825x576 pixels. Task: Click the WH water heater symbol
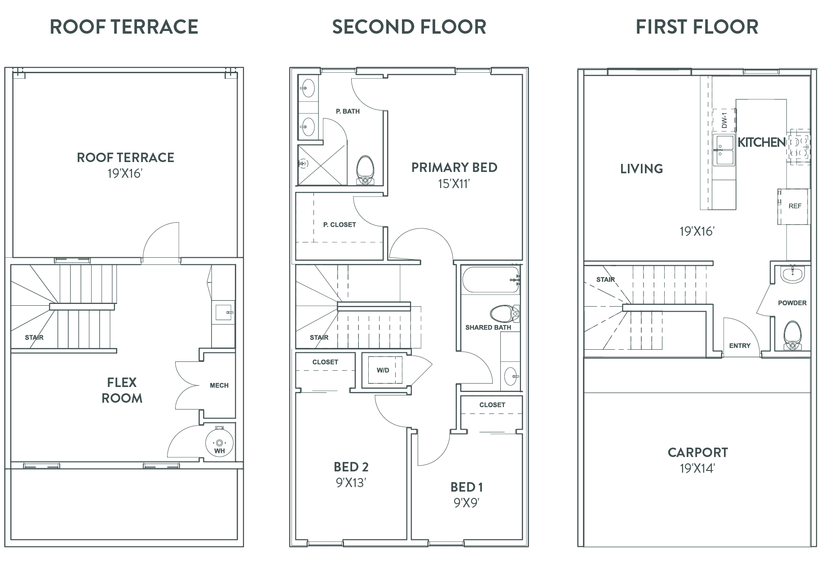click(219, 443)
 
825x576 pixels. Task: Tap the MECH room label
click(219, 385)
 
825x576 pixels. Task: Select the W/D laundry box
click(383, 370)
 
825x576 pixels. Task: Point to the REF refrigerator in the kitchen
click(794, 206)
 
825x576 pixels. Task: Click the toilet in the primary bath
click(365, 170)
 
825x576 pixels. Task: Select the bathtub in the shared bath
click(490, 280)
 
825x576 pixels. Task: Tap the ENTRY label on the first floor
click(740, 345)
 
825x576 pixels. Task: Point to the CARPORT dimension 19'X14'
click(697, 469)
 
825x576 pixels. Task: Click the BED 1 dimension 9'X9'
click(467, 503)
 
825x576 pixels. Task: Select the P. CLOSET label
click(340, 224)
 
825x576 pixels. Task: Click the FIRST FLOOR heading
click(697, 27)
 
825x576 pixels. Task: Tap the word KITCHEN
click(762, 142)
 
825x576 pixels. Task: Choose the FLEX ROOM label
click(122, 390)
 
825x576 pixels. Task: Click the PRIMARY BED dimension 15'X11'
click(454, 184)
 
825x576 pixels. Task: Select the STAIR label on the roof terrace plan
click(34, 337)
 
